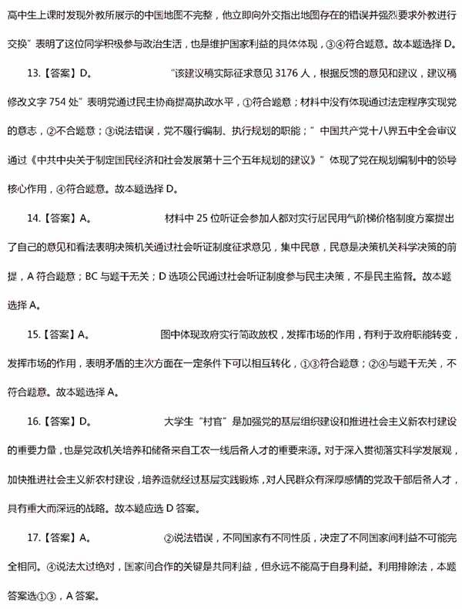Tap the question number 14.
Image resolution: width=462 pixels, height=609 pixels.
[32, 218]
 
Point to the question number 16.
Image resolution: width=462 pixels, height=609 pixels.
[32, 422]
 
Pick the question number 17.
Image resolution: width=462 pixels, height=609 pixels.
[32, 537]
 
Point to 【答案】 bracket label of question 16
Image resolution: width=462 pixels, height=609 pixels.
[60, 422]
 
